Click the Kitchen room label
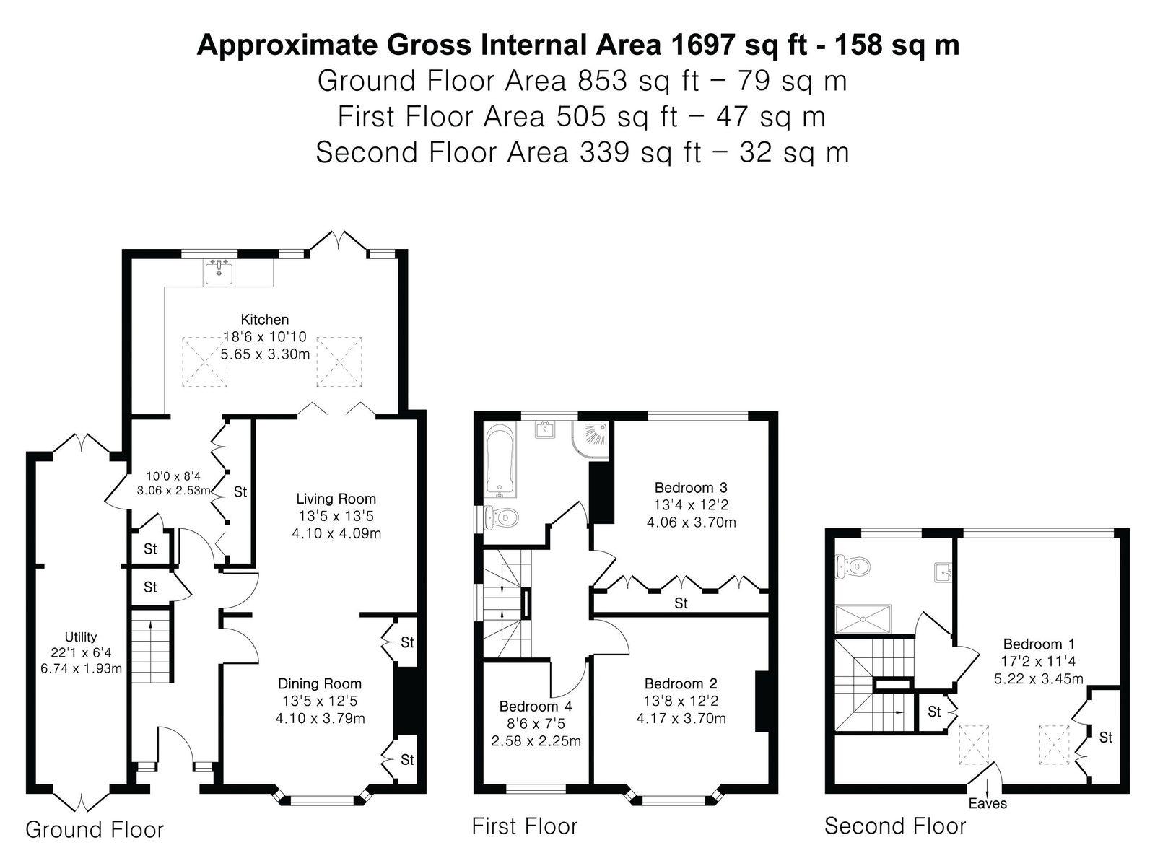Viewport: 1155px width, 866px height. click(x=265, y=319)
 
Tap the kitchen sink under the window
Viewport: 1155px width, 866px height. click(x=219, y=272)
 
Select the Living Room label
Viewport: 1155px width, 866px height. click(x=336, y=499)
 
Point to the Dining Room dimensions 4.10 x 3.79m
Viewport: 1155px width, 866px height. click(x=321, y=718)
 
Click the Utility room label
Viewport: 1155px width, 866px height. click(x=81, y=637)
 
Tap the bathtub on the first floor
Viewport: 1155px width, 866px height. click(x=500, y=460)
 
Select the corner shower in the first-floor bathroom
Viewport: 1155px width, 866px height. click(x=591, y=439)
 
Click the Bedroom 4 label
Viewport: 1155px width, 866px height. click(x=536, y=707)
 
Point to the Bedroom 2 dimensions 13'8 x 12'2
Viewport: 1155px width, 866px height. click(x=681, y=701)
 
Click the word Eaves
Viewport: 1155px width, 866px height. click(x=988, y=803)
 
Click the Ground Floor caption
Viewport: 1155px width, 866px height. click(x=95, y=830)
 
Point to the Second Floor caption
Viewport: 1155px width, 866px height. click(x=895, y=826)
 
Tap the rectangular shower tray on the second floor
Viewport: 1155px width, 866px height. click(x=863, y=619)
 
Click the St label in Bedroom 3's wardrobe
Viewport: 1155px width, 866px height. click(x=681, y=603)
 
